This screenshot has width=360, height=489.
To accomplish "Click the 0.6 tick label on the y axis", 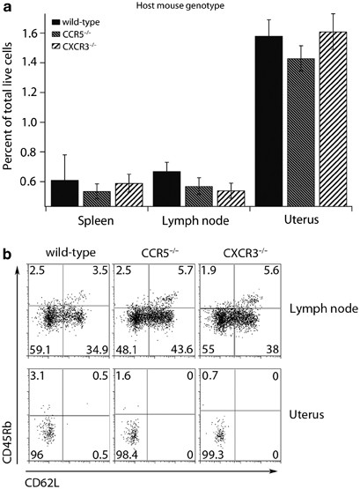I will tap(34, 182).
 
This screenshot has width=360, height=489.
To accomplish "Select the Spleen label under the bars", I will tap(85, 218).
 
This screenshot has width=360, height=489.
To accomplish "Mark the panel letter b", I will tap(7, 255).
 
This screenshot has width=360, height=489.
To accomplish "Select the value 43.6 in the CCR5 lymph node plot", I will tap(176, 347).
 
